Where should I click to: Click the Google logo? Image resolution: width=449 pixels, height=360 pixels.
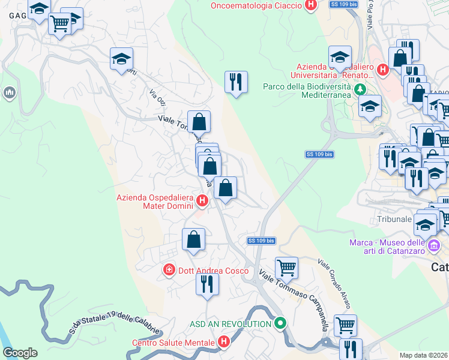point(20,353)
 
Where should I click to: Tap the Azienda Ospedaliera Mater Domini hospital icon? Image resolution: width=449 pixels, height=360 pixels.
point(203,201)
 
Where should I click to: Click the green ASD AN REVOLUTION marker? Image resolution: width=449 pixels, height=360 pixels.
point(280,324)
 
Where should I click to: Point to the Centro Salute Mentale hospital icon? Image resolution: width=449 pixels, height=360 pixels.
point(224,343)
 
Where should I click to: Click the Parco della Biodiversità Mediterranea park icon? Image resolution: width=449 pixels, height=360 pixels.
point(360,89)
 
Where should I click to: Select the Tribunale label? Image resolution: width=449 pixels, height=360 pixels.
point(394,219)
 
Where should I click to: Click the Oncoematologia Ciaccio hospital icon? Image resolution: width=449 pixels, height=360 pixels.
point(310,6)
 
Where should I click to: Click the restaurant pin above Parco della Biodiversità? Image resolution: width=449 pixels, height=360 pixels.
point(236,82)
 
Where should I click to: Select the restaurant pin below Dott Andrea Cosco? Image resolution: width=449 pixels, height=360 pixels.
point(206,283)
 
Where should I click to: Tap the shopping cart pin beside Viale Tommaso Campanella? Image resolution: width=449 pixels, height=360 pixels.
point(287,268)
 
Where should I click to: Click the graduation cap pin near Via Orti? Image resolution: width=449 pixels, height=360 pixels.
point(121,59)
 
